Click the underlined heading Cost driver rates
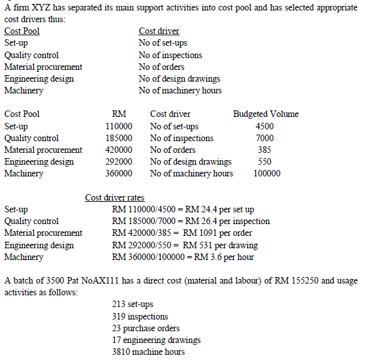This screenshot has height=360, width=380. (x=115, y=198)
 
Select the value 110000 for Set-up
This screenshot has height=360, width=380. (x=119, y=126)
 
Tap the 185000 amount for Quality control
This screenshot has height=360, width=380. (x=119, y=138)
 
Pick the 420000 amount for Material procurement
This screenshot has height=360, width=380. (x=119, y=150)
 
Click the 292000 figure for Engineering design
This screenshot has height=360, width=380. (x=119, y=161)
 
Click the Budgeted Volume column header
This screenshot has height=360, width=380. (x=266, y=114)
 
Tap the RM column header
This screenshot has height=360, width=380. (x=119, y=114)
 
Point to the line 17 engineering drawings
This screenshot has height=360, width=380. (x=157, y=340)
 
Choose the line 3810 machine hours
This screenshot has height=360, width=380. (x=148, y=352)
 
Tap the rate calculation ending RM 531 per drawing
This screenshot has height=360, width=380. (x=185, y=245)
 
